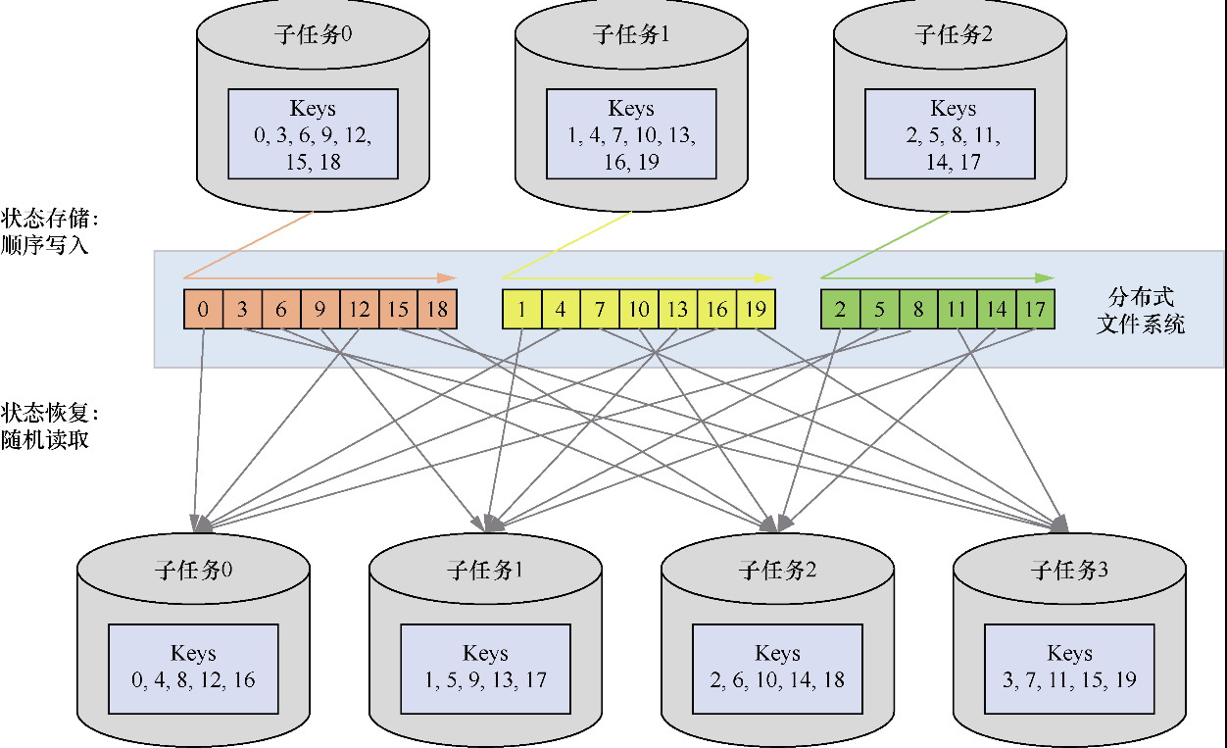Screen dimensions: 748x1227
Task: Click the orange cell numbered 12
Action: point(359,310)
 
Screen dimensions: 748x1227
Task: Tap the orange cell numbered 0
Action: point(203,310)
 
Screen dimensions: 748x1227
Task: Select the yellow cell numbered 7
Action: point(599,310)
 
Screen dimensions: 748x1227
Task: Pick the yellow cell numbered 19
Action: point(756,310)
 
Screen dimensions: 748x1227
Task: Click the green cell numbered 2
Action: point(840,310)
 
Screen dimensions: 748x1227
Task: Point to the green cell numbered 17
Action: point(1035,310)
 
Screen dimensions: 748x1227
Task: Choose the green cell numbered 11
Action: point(957,310)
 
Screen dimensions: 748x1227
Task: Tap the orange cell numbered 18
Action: point(437,310)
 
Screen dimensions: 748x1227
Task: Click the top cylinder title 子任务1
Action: point(631,35)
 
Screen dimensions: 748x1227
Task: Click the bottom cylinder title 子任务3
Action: point(1069,571)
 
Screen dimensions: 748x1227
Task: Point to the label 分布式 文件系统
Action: point(1140,310)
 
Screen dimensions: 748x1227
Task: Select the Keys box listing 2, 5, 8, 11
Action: point(953,134)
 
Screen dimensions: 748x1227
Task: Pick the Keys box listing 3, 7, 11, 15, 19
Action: point(1069,667)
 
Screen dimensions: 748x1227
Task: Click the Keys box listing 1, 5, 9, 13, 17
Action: point(485,667)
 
